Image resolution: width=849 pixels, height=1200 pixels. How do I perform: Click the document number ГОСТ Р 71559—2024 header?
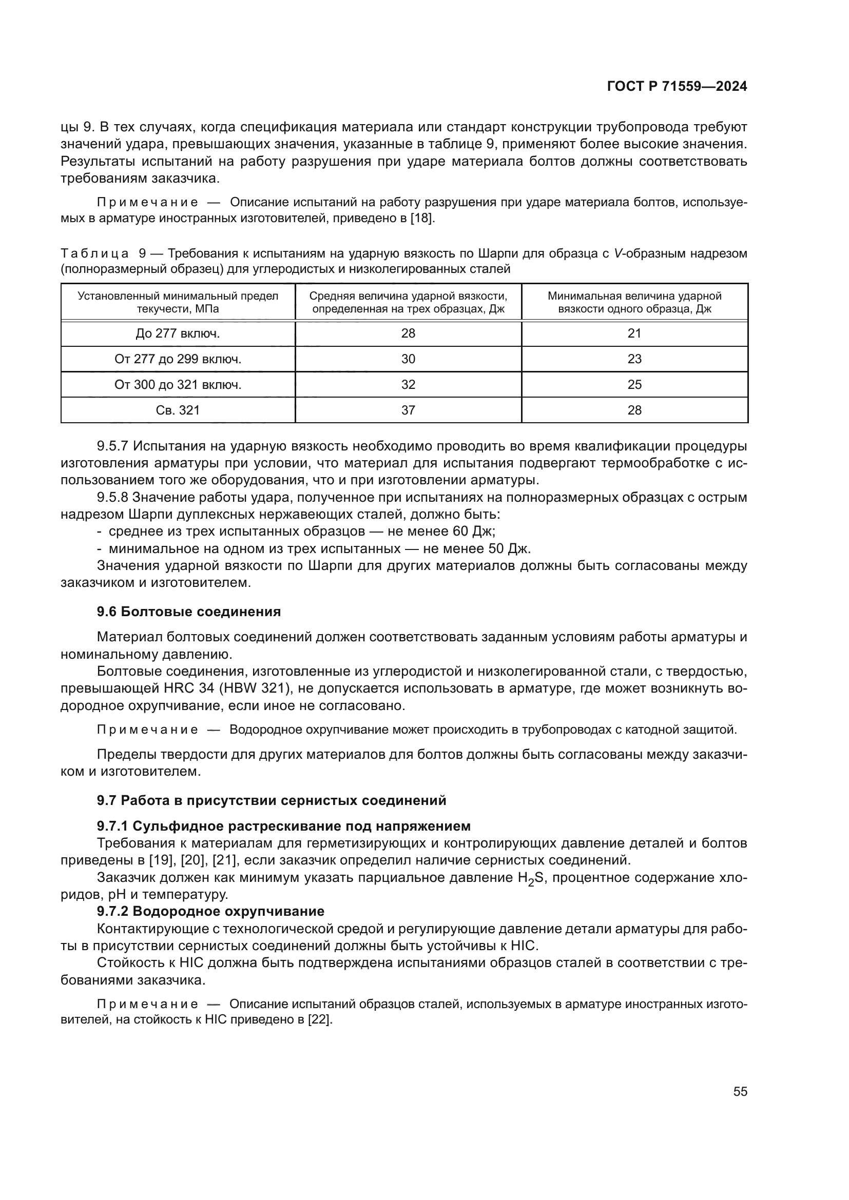(x=677, y=87)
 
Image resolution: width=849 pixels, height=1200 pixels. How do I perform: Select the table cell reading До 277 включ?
(x=178, y=333)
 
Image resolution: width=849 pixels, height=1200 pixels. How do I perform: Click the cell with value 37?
(x=408, y=410)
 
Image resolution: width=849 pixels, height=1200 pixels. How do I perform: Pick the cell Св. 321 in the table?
(x=178, y=410)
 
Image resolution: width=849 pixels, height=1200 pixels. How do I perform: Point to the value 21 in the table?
(x=634, y=333)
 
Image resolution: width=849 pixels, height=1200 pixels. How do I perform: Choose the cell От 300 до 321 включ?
(x=178, y=385)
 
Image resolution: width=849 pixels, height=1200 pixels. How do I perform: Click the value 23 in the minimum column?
(x=634, y=359)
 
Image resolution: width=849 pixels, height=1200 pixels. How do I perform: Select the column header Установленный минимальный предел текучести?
(x=178, y=302)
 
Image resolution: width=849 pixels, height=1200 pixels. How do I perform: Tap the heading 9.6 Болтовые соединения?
(x=189, y=612)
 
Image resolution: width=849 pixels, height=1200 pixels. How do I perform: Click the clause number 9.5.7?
(x=112, y=446)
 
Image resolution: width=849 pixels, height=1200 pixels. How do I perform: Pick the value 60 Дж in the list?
(x=473, y=532)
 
